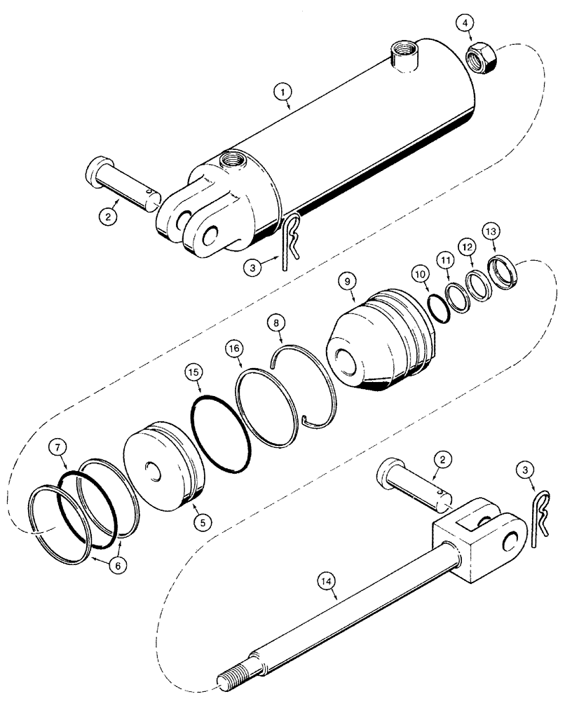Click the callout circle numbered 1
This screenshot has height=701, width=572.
click(x=282, y=90)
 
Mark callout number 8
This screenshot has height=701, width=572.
click(x=277, y=323)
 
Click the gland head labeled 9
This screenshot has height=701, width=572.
click(x=379, y=339)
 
